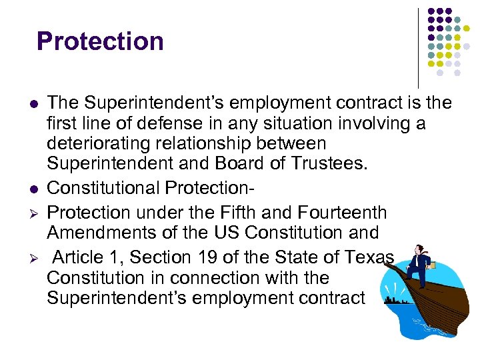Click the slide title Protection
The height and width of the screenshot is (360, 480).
[100, 41]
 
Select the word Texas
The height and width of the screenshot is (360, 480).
[371, 257]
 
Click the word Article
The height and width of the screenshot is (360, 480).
[79, 257]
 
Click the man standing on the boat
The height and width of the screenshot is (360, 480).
[419, 264]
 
